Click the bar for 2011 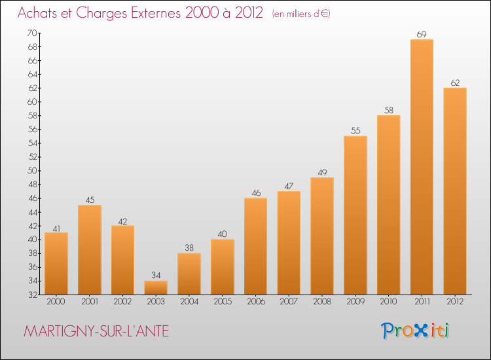[x=422, y=167]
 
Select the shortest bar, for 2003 [x=156, y=288]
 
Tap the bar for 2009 [x=355, y=215]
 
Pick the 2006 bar [x=255, y=246]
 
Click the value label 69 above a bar [x=422, y=34]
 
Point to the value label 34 [x=156, y=275]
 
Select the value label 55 [x=355, y=130]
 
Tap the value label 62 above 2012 [x=455, y=82]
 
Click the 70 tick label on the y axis [x=32, y=33]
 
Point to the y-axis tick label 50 [x=33, y=171]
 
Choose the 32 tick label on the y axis [x=33, y=295]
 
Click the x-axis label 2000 [x=56, y=301]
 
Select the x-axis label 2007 [x=289, y=301]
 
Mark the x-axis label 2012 [x=455, y=301]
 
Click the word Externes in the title [x=156, y=12]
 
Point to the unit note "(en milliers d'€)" [x=301, y=14]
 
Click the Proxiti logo [x=415, y=331]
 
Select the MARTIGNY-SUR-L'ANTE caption [x=96, y=331]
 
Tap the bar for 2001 [x=90, y=250]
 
